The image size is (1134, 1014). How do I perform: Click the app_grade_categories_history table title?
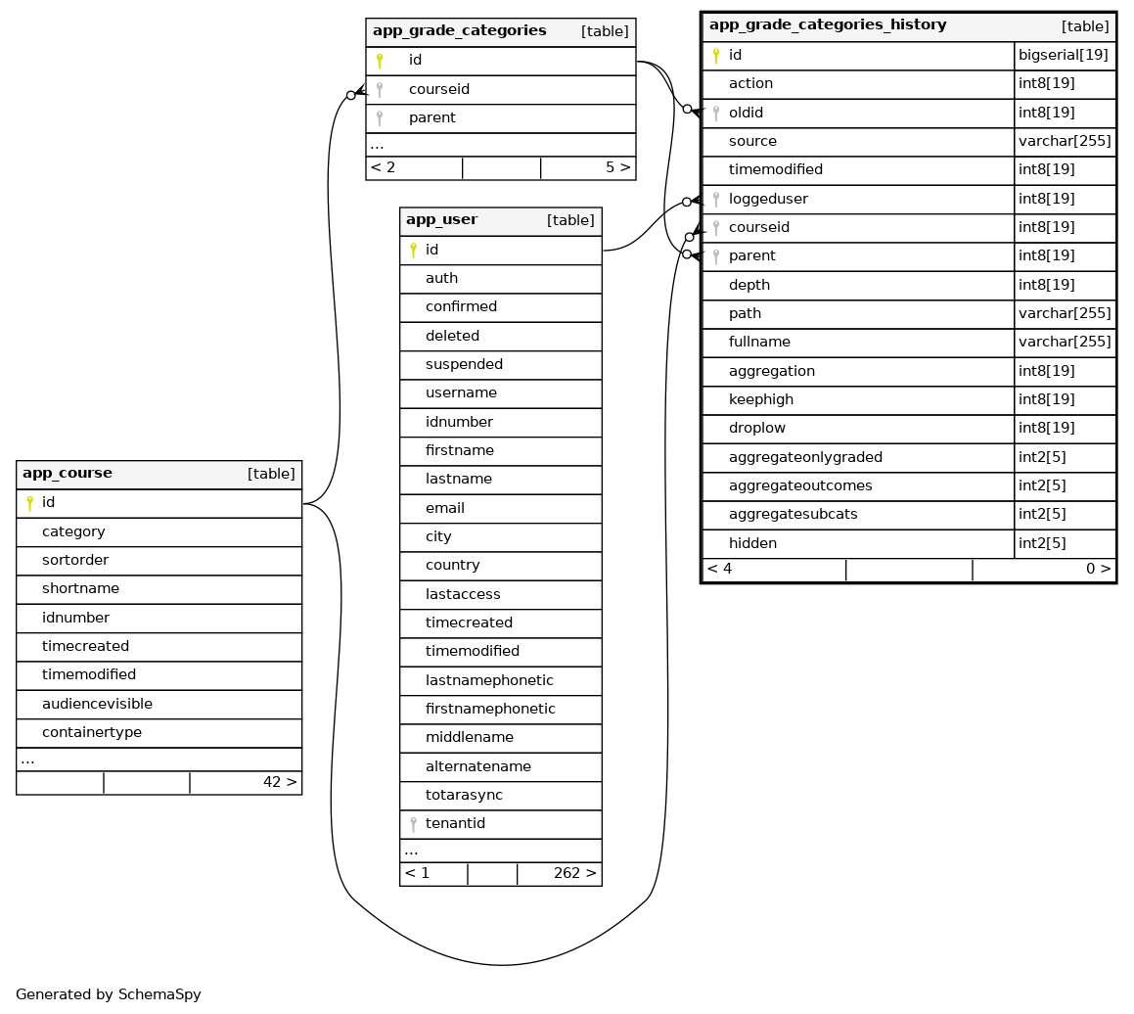[827, 25]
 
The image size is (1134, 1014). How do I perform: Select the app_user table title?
[441, 220]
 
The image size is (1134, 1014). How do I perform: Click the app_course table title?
[68, 474]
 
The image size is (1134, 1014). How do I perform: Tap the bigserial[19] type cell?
[1063, 56]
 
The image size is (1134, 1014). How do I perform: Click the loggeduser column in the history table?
[768, 199]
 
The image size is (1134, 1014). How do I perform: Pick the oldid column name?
[746, 113]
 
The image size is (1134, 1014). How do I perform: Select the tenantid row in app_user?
[455, 824]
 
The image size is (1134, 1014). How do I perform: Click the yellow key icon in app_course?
[29, 503]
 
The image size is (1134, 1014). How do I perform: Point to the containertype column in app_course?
[92, 732]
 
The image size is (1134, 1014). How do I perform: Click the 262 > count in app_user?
[574, 873]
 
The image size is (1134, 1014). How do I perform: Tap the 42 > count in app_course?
[279, 782]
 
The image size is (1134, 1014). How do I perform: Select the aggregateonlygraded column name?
[805, 457]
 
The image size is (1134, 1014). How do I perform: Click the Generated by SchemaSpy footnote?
[109, 994]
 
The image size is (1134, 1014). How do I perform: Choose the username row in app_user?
[461, 393]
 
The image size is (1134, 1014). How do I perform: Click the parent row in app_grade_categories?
[431, 117]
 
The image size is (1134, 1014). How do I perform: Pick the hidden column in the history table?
[752, 543]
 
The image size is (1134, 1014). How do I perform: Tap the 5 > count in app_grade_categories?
[617, 167]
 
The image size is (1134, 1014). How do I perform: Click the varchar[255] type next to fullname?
[1065, 343]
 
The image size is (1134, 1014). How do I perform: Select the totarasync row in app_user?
[464, 796]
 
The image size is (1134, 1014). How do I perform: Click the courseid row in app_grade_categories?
[438, 89]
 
